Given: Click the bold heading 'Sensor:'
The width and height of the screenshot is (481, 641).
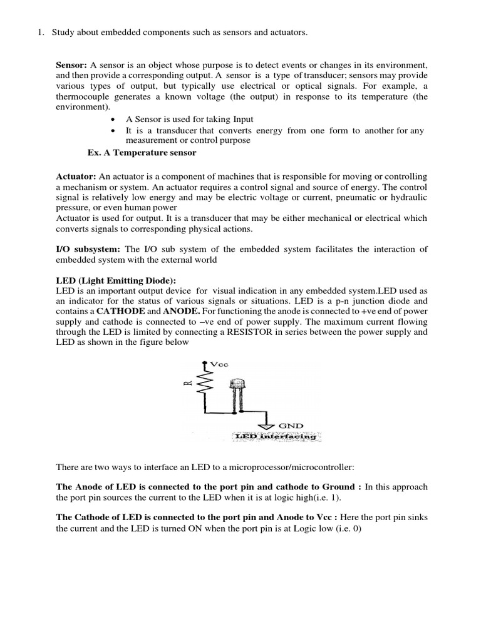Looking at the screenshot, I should coord(72,66).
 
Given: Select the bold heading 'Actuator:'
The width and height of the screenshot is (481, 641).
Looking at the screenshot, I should coord(76,177).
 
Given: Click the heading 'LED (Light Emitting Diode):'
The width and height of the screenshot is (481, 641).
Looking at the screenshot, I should coord(116,280).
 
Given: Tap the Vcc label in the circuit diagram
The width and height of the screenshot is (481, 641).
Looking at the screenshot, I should coord(220,363).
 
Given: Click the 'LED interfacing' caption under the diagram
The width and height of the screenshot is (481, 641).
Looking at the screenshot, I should coord(276,436).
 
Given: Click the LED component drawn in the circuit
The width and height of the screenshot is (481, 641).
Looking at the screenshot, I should coord(237,391).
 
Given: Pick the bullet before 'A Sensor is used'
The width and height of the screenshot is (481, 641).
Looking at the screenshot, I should coord(112,119).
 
